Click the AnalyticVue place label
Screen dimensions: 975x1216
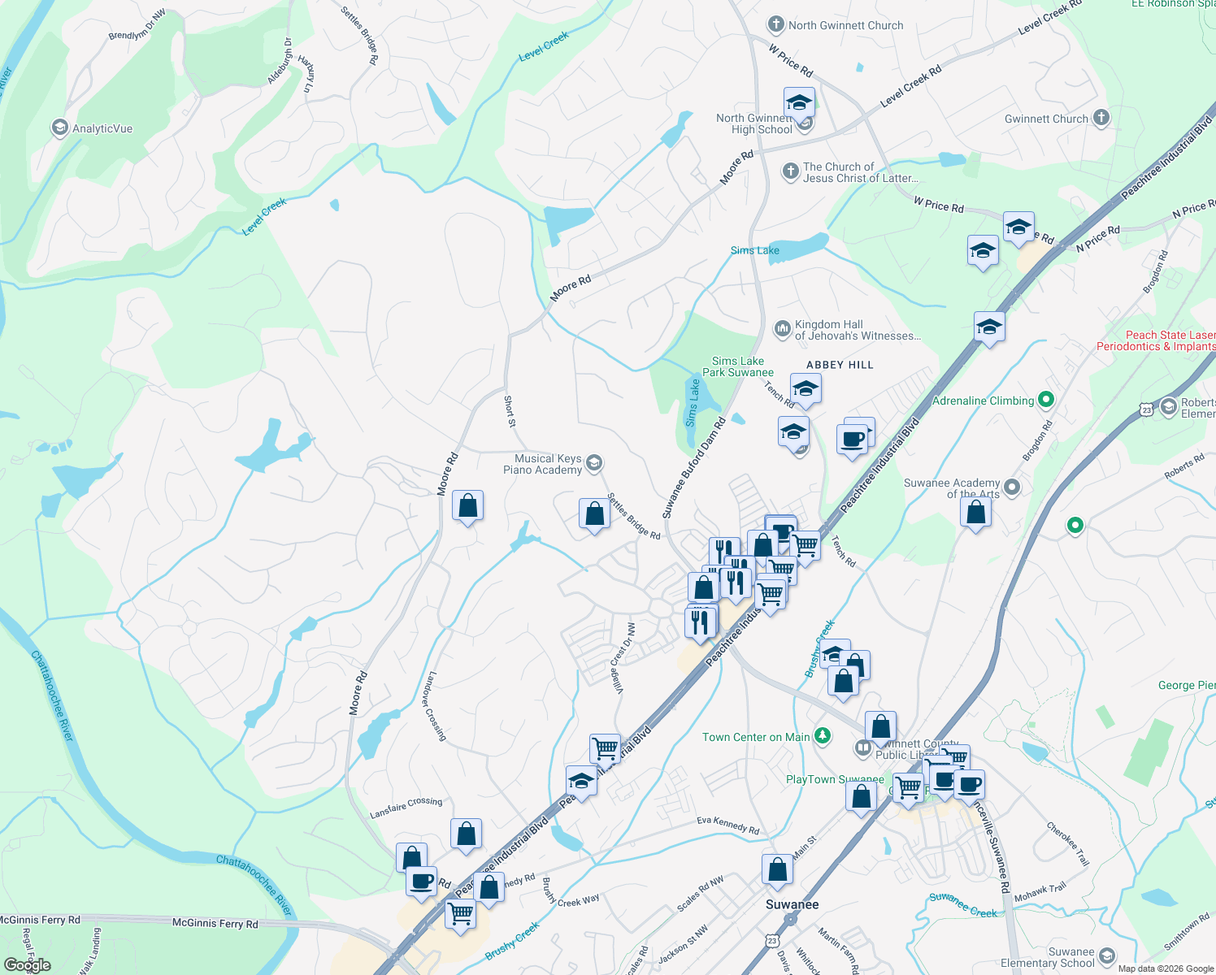(x=102, y=128)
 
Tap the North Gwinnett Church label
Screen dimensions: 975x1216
(x=845, y=25)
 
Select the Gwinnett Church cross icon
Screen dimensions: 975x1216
(x=1101, y=119)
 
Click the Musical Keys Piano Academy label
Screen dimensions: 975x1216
(x=542, y=464)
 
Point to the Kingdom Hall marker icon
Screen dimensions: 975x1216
(x=782, y=328)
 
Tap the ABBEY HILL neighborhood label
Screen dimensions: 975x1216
(x=840, y=365)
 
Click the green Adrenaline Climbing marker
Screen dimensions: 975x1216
(x=1046, y=400)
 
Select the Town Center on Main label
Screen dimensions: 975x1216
(x=756, y=737)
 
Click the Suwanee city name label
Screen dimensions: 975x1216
(x=793, y=904)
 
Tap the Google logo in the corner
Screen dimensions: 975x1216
(x=27, y=965)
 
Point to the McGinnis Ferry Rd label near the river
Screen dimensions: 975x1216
(x=215, y=924)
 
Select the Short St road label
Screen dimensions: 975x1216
(x=510, y=411)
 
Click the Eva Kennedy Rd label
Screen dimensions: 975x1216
(x=727, y=825)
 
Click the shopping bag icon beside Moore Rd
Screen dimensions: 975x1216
(x=467, y=506)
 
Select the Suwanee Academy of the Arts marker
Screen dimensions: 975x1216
(x=1012, y=487)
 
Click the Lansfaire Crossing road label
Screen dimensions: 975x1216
(x=406, y=808)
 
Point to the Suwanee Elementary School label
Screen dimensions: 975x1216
(x=1048, y=957)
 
